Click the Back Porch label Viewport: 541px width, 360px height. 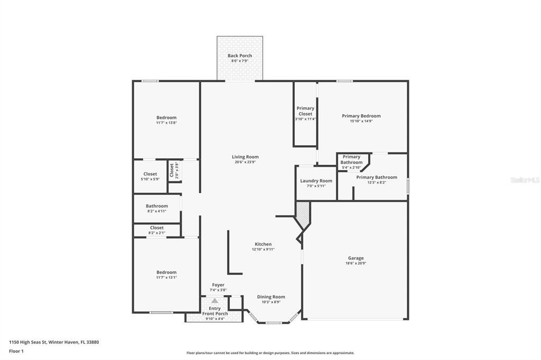click(x=239, y=55)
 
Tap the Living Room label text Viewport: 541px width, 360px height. click(x=245, y=157)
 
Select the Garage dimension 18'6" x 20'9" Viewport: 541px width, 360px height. click(x=355, y=263)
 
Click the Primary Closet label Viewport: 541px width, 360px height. click(x=305, y=111)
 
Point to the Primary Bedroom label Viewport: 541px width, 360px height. click(x=361, y=116)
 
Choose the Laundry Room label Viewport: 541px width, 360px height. click(x=316, y=181)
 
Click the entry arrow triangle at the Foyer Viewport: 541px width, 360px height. click(x=214, y=300)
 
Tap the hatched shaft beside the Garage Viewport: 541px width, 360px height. click(x=302, y=214)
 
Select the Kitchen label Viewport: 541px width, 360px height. click(x=263, y=244)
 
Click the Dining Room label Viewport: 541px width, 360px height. click(x=271, y=297)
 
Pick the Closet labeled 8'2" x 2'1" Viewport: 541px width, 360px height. click(x=157, y=230)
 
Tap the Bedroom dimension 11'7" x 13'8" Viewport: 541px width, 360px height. click(x=166, y=122)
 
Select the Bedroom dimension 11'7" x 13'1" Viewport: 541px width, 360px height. click(x=166, y=277)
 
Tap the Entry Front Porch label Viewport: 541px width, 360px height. click(x=214, y=311)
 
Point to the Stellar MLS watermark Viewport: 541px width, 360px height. click(x=525, y=180)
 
